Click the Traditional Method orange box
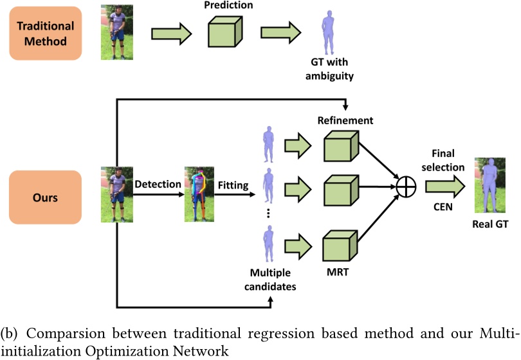46,33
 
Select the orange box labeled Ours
46,197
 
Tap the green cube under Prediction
225,33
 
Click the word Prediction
228,6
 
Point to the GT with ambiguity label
330,70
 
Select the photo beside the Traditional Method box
117,33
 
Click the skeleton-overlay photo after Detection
199,194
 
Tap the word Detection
158,184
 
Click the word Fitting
232,185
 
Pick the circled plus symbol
407,187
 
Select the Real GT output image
490,186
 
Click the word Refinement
345,120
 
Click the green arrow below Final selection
443,186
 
